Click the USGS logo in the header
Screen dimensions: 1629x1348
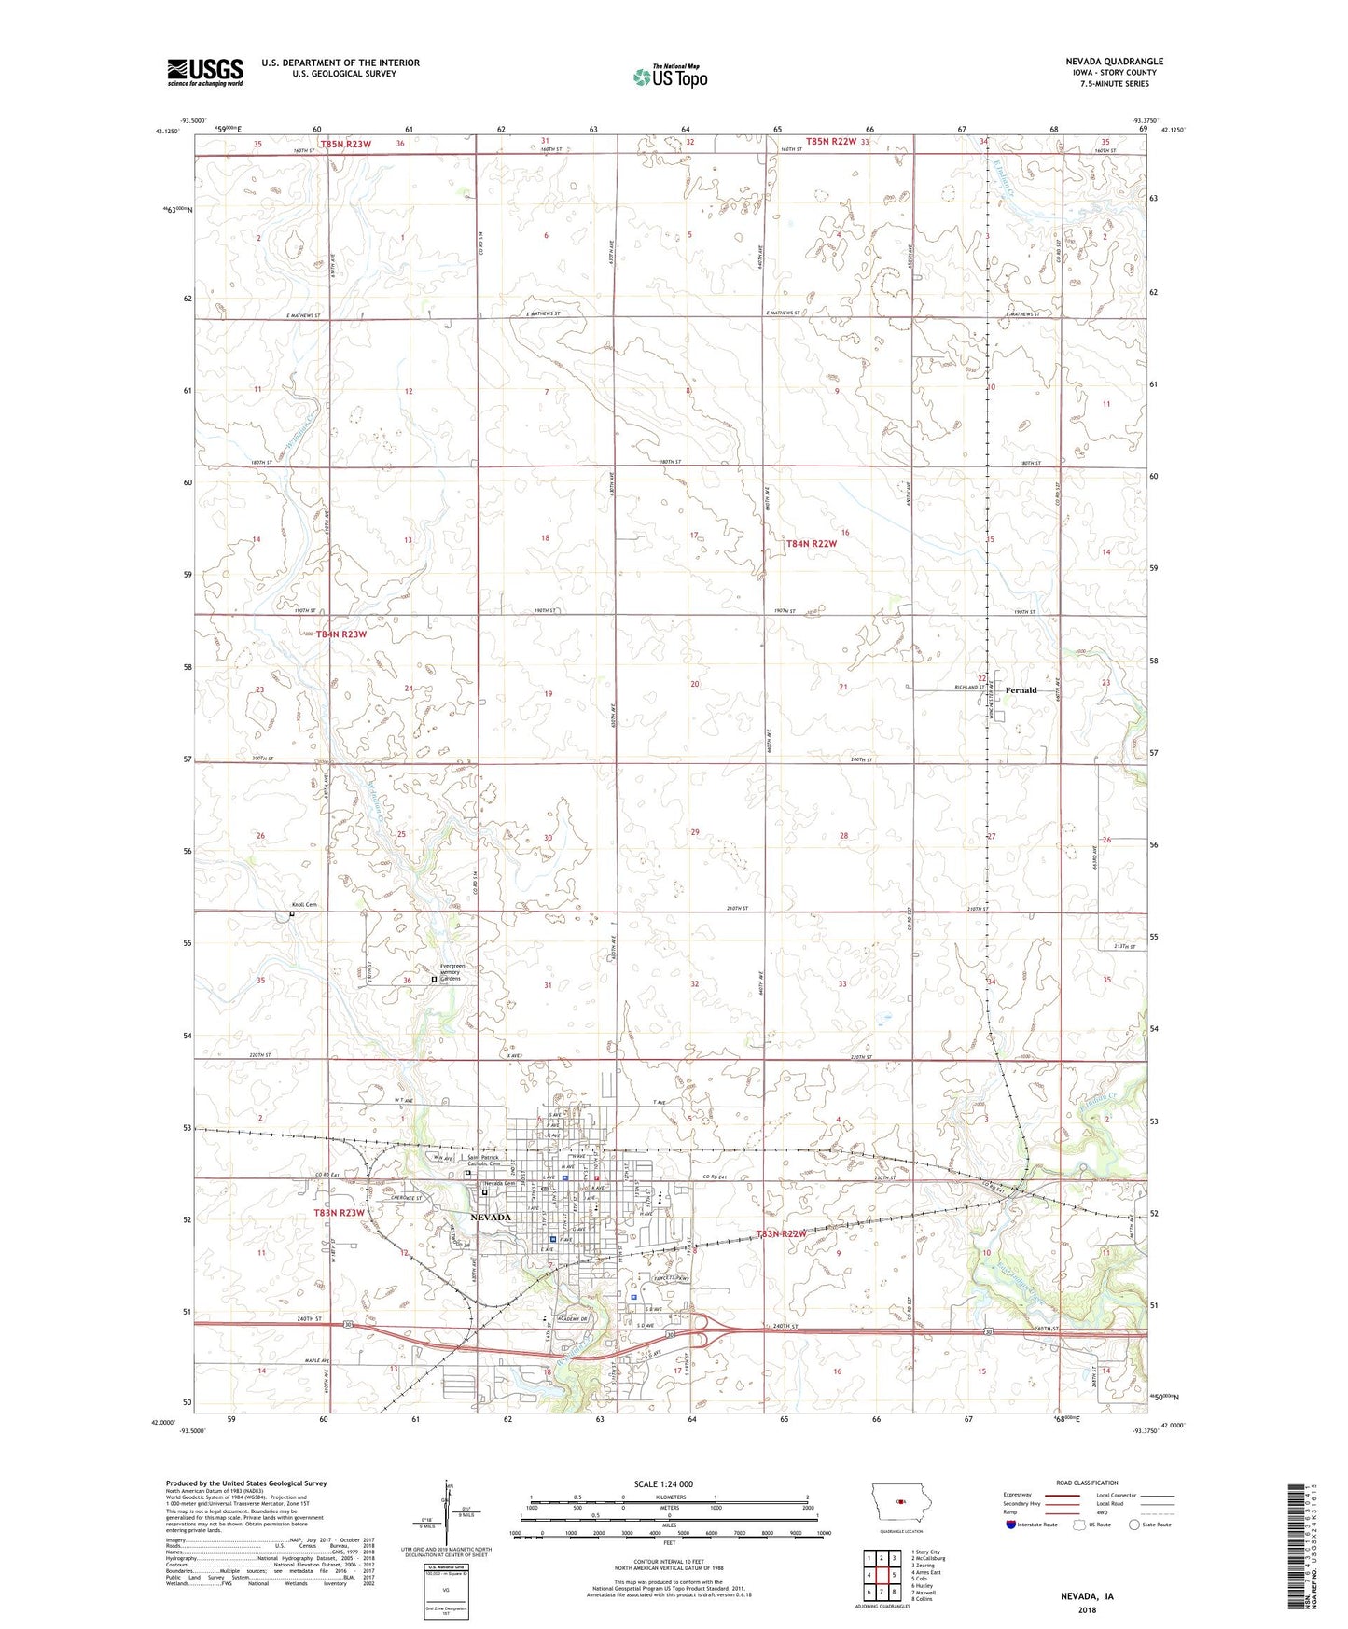(x=205, y=72)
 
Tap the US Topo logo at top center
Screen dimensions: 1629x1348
(x=670, y=77)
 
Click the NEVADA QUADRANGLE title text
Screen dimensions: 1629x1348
(x=1114, y=62)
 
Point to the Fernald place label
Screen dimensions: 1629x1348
(x=1021, y=690)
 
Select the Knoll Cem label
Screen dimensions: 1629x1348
(x=304, y=905)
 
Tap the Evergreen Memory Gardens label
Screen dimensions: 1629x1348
(x=457, y=972)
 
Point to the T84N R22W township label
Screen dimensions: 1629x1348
(x=811, y=543)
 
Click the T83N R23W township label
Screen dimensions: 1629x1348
(x=340, y=1213)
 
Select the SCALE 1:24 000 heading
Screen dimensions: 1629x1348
(x=663, y=1483)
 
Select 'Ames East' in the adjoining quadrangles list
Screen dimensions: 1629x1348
(x=928, y=1572)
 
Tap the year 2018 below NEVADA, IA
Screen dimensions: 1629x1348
(x=1087, y=1609)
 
